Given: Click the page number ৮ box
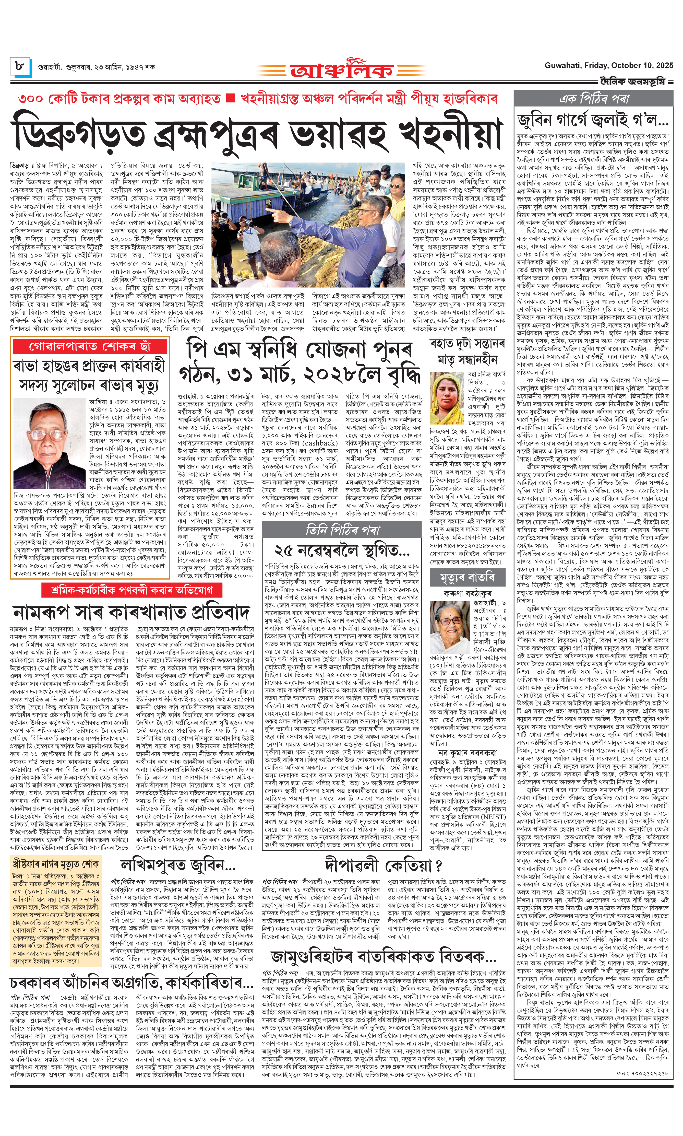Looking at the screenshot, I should [20, 66].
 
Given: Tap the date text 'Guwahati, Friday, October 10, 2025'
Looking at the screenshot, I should [608, 65].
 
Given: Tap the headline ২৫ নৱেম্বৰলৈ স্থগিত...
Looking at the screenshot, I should [342, 550].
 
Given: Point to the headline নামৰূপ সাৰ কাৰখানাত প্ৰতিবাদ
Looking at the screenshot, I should [132, 612].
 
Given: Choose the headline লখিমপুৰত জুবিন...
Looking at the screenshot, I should [178, 866].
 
